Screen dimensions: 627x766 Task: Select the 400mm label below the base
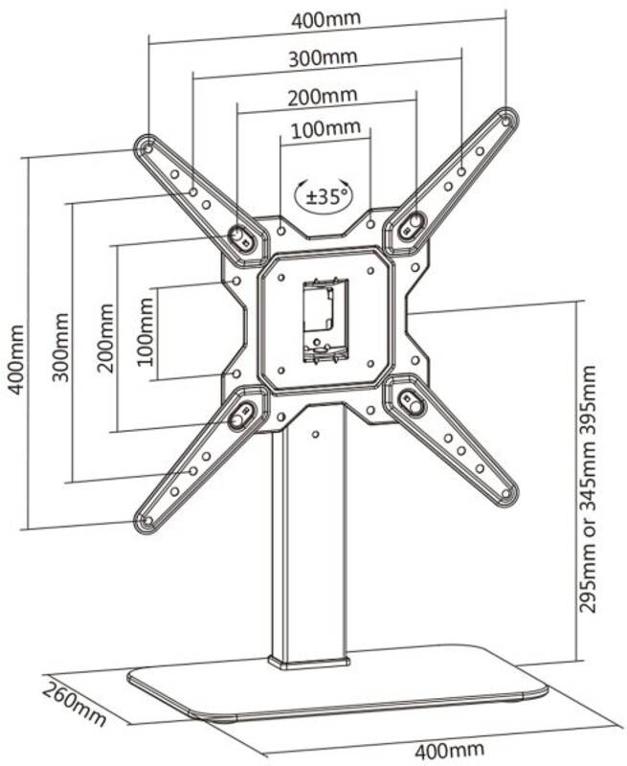(449, 749)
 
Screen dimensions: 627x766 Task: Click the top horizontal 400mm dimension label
(325, 19)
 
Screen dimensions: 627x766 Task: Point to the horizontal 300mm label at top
(323, 58)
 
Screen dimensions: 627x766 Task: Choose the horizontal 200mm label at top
(322, 97)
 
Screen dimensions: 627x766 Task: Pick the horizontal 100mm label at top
(325, 129)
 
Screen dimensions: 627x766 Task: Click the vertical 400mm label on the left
(15, 359)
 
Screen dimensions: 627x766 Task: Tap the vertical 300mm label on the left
(60, 348)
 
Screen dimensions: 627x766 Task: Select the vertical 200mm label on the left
(105, 338)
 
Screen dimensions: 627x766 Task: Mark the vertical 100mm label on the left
(145, 331)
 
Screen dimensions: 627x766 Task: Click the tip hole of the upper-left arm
(146, 146)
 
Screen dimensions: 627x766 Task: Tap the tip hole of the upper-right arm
(505, 119)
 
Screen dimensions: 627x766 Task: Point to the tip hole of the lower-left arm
(146, 521)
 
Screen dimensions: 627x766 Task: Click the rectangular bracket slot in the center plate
(325, 321)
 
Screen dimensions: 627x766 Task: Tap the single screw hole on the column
(316, 434)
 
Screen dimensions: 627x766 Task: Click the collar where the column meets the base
(309, 663)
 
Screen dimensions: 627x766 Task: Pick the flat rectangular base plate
(337, 682)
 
